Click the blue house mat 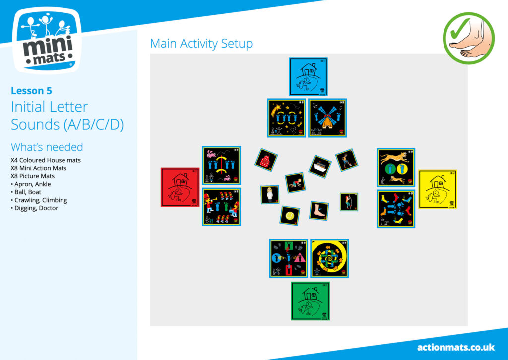pyautogui.click(x=309, y=77)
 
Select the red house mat pyautogui.click(x=180, y=187)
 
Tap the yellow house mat pyautogui.click(x=438, y=189)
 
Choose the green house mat pyautogui.click(x=311, y=301)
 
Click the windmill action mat pyautogui.click(x=327, y=118)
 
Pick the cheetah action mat pyautogui.click(x=396, y=168)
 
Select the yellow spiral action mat pyautogui.click(x=329, y=259)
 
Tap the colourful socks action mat pyautogui.click(x=396, y=209)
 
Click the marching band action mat pyautogui.click(x=222, y=207)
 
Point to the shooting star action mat pyautogui.click(x=287, y=118)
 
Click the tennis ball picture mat pyautogui.click(x=290, y=216)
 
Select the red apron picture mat pyautogui.click(x=266, y=160)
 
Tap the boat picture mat pyautogui.click(x=320, y=167)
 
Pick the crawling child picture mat pyautogui.click(x=295, y=183)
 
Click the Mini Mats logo pyautogui.click(x=47, y=41)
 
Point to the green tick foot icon pyautogui.click(x=468, y=38)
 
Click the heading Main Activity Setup pyautogui.click(x=201, y=44)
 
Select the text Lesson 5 pyautogui.click(x=31, y=91)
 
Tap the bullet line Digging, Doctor pyautogui.click(x=34, y=208)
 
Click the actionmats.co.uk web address pyautogui.click(x=456, y=348)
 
